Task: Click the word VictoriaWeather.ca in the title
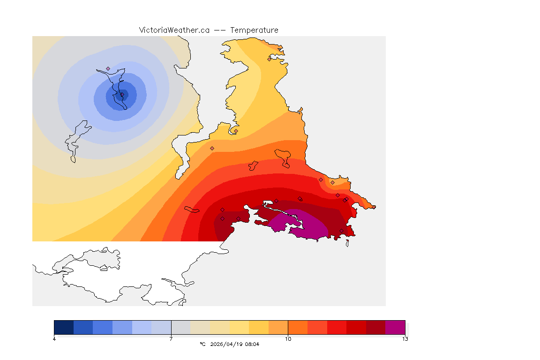pos(174,30)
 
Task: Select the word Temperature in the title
pos(254,30)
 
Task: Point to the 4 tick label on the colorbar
pos(54,339)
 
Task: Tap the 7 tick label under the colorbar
pos(171,339)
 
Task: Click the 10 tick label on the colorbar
pos(288,339)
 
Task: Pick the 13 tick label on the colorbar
pos(405,339)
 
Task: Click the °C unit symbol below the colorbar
pos(202,344)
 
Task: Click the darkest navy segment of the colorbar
pos(64,327)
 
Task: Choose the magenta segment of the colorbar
pos(395,327)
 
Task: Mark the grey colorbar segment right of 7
pos(180,327)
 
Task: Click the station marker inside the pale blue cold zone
pos(108,68)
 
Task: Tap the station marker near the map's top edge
pos(269,59)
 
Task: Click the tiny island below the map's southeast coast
pos(347,243)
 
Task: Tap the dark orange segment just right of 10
pos(298,327)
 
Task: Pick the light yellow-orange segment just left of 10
pos(278,327)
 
